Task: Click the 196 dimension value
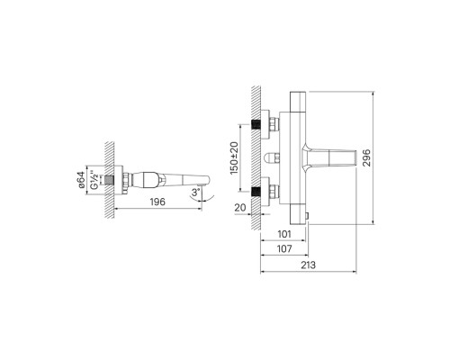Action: [x=157, y=202]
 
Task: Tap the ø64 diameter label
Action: [x=80, y=180]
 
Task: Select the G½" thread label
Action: [x=94, y=181]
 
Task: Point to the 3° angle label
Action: [x=195, y=192]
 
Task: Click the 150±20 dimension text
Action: [x=234, y=157]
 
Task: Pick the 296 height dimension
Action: [x=366, y=157]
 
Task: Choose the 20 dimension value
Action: [x=240, y=207]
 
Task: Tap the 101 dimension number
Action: [x=284, y=234]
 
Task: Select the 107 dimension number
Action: [x=284, y=248]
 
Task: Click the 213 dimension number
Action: [x=308, y=265]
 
